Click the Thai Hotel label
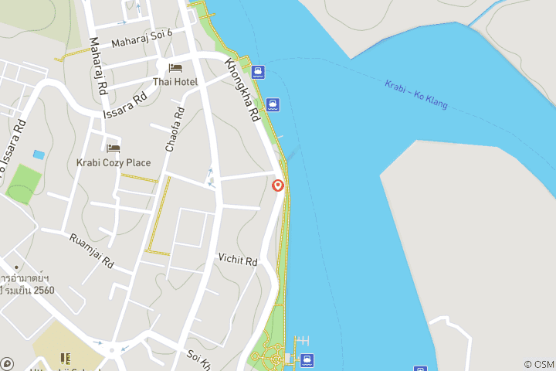pyautogui.click(x=175, y=82)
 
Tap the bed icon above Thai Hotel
pyautogui.click(x=175, y=69)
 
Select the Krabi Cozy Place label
pyautogui.click(x=114, y=162)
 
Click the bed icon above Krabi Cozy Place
pyautogui.click(x=114, y=148)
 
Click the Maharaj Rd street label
pyautogui.click(x=97, y=67)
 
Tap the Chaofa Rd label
pyautogui.click(x=175, y=128)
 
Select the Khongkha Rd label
pyautogui.click(x=241, y=91)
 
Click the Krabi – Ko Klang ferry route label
pyautogui.click(x=416, y=94)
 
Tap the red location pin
pyautogui.click(x=278, y=185)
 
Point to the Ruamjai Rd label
pyautogui.click(x=91, y=250)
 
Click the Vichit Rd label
pyautogui.click(x=237, y=260)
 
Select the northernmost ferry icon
pyautogui.click(x=258, y=73)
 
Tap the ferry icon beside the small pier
pyautogui.click(x=307, y=359)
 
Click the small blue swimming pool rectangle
pyautogui.click(x=39, y=155)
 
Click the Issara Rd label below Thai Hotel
pyautogui.click(x=125, y=106)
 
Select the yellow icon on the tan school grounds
pyautogui.click(x=65, y=359)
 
